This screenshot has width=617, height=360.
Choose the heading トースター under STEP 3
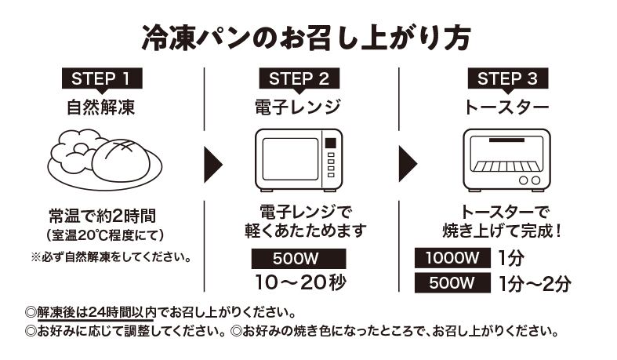pos(506,106)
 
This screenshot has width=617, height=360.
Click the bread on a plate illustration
pos(105,157)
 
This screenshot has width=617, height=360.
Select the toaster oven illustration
pos(506,159)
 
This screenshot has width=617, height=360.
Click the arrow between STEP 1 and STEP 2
pos(211,163)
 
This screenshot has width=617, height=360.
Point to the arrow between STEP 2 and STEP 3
pos(407,163)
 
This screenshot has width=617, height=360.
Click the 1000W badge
pos(452,258)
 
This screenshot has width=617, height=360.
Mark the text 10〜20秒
pos(300,282)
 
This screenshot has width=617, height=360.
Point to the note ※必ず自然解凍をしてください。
pos(111,256)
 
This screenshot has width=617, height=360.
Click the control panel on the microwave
pos(330,157)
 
